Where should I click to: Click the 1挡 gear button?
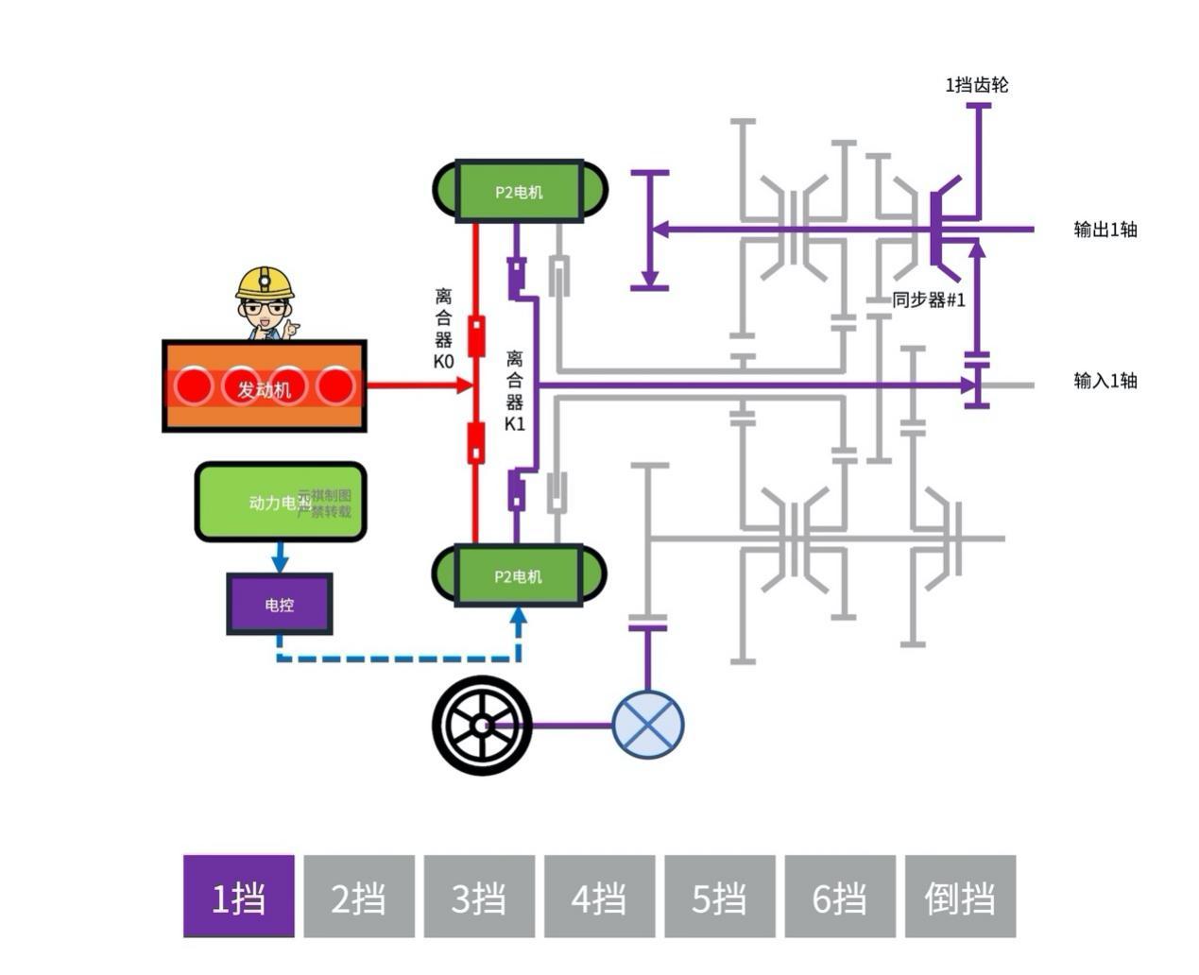[x=238, y=896]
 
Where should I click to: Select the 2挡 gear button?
[x=359, y=896]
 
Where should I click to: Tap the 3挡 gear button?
[x=479, y=896]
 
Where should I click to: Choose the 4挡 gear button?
[x=599, y=896]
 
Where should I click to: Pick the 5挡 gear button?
[x=720, y=896]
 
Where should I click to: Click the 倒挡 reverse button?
[x=960, y=896]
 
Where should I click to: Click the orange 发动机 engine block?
[x=265, y=386]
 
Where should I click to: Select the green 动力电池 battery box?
[x=280, y=502]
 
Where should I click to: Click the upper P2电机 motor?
[x=520, y=192]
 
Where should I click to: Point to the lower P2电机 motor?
[x=520, y=575]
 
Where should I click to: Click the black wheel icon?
[x=482, y=726]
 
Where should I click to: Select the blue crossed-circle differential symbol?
[x=647, y=726]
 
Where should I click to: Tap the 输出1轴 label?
[x=1105, y=229]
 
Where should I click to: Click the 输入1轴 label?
[x=1105, y=381]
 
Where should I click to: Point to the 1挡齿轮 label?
[x=977, y=85]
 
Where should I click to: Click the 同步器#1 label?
[x=929, y=300]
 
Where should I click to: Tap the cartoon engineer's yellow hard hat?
[x=265, y=282]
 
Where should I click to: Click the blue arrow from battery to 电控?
[x=280, y=557]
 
